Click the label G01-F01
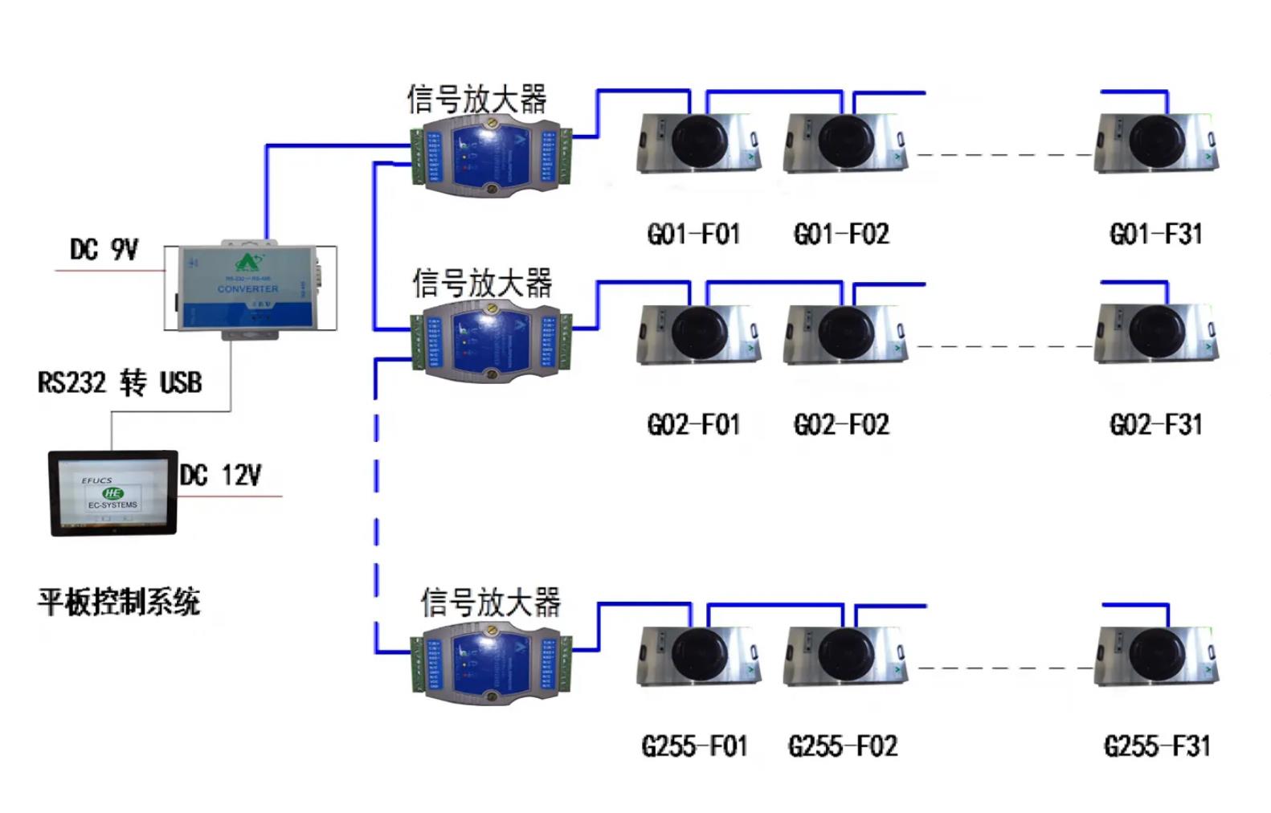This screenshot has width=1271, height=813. [x=693, y=235]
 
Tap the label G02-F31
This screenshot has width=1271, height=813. [x=1155, y=424]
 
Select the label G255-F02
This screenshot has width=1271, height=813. [x=842, y=746]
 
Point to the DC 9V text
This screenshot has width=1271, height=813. [x=104, y=250]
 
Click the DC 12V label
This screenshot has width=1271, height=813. [x=220, y=475]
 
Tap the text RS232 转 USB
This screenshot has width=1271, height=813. [x=120, y=382]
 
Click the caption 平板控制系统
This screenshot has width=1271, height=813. [x=119, y=602]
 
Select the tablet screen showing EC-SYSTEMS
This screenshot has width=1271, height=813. [x=112, y=492]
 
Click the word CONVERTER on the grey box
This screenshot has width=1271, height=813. [x=247, y=288]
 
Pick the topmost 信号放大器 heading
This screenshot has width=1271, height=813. [x=476, y=100]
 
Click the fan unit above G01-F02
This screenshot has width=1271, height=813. [x=845, y=143]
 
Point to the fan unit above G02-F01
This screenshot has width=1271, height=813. [x=697, y=334]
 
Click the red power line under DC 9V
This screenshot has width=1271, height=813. [x=108, y=271]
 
